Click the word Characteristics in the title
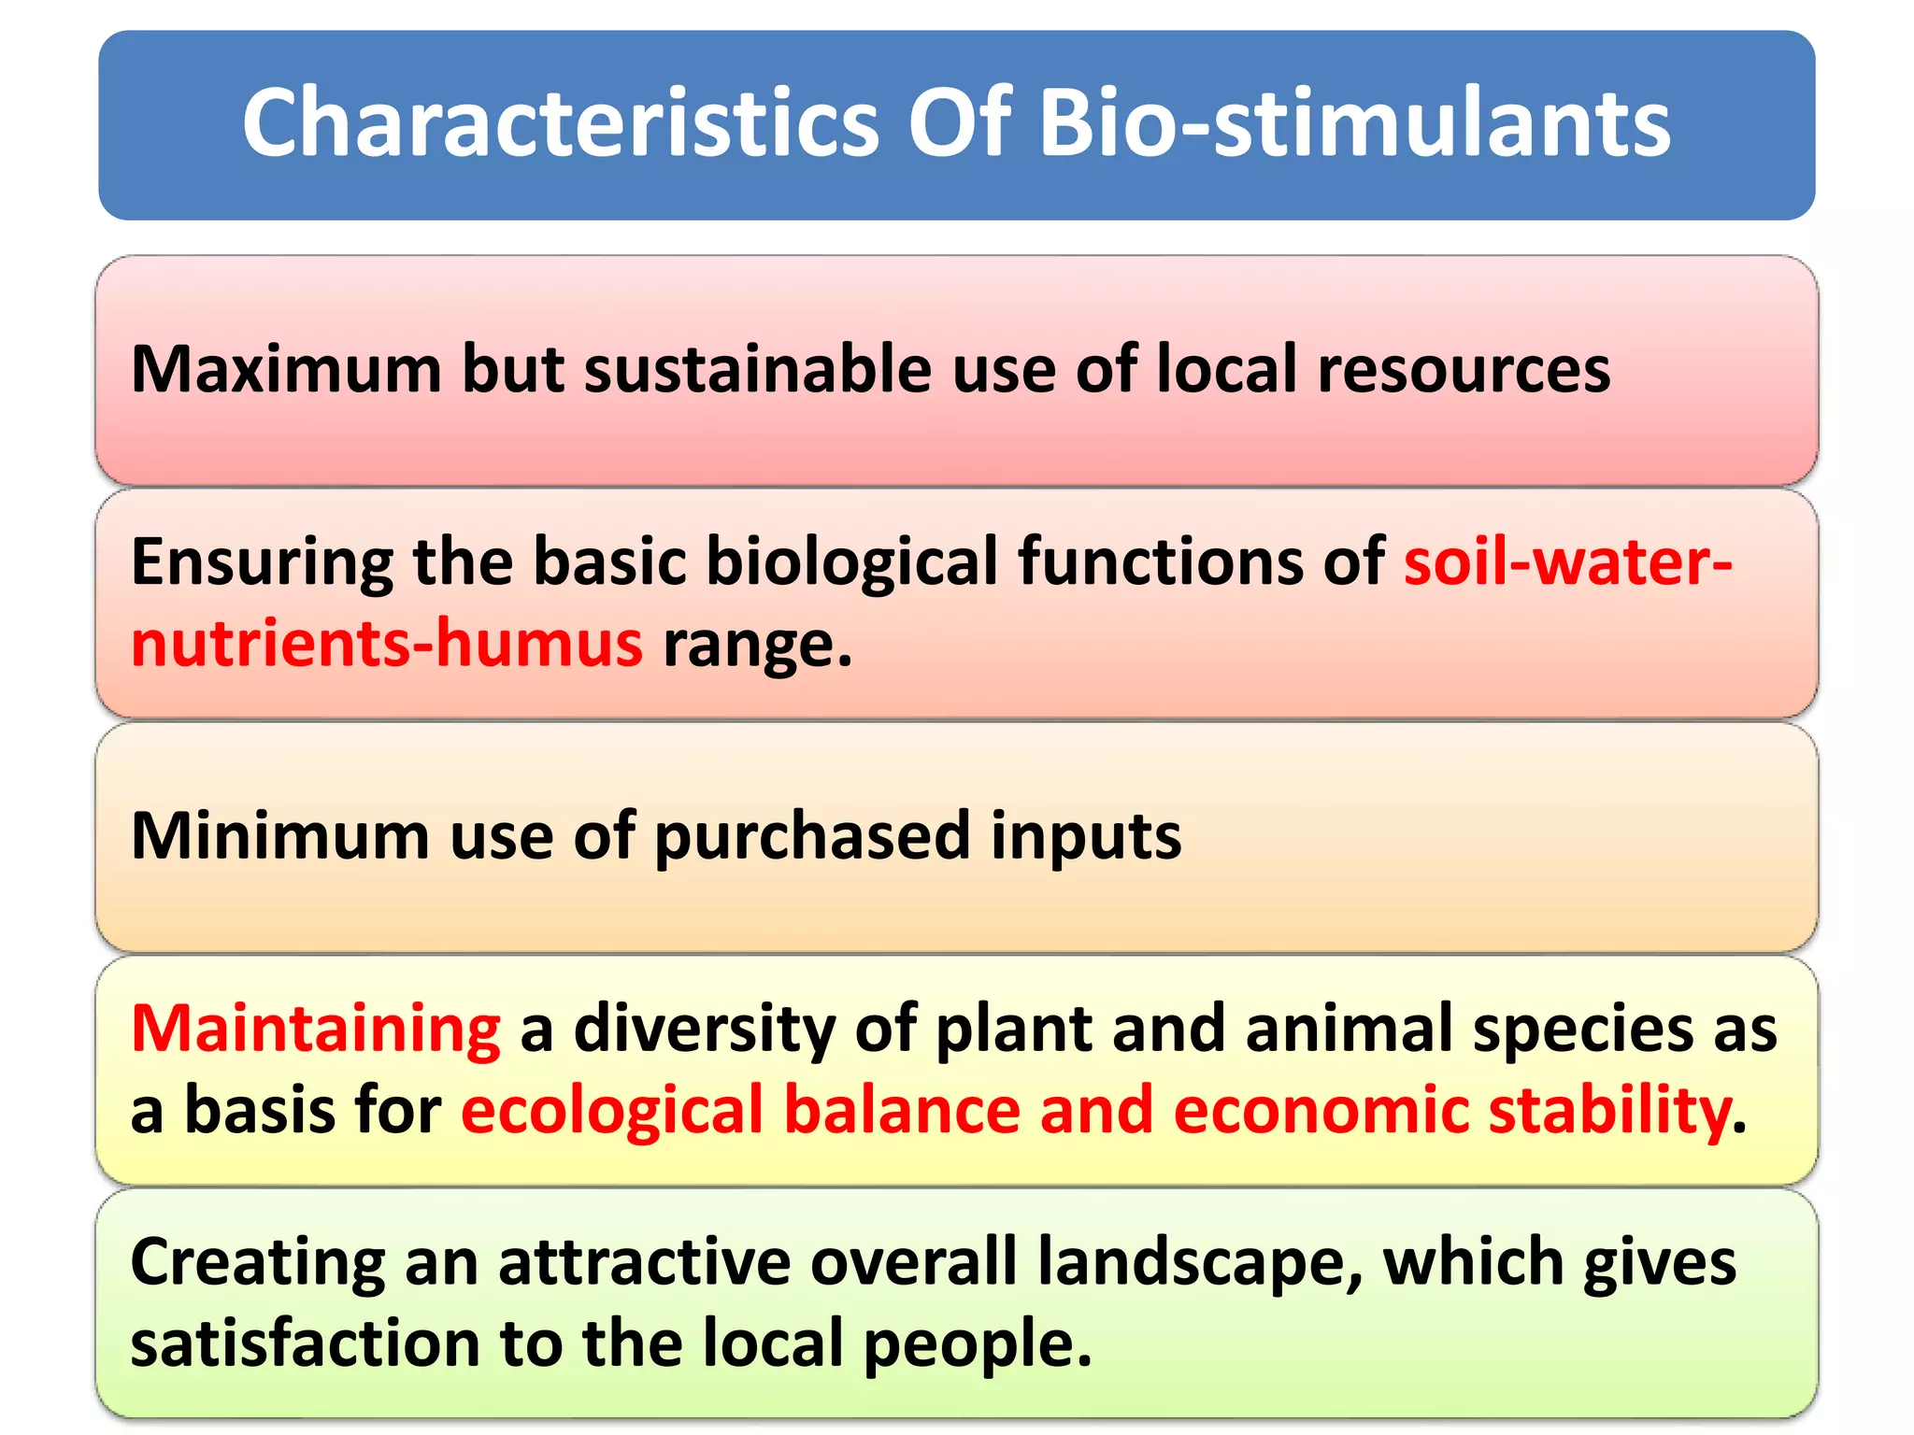pyautogui.click(x=561, y=123)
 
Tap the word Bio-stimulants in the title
pyautogui.click(x=1354, y=123)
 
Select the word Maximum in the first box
pyautogui.click(x=286, y=369)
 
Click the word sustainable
pyautogui.click(x=758, y=369)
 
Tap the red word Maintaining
pyautogui.click(x=316, y=1029)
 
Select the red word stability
pyautogui.click(x=1608, y=1111)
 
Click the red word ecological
pyautogui.click(x=612, y=1111)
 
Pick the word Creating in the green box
pyautogui.click(x=257, y=1263)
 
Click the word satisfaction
pyautogui.click(x=305, y=1343)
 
